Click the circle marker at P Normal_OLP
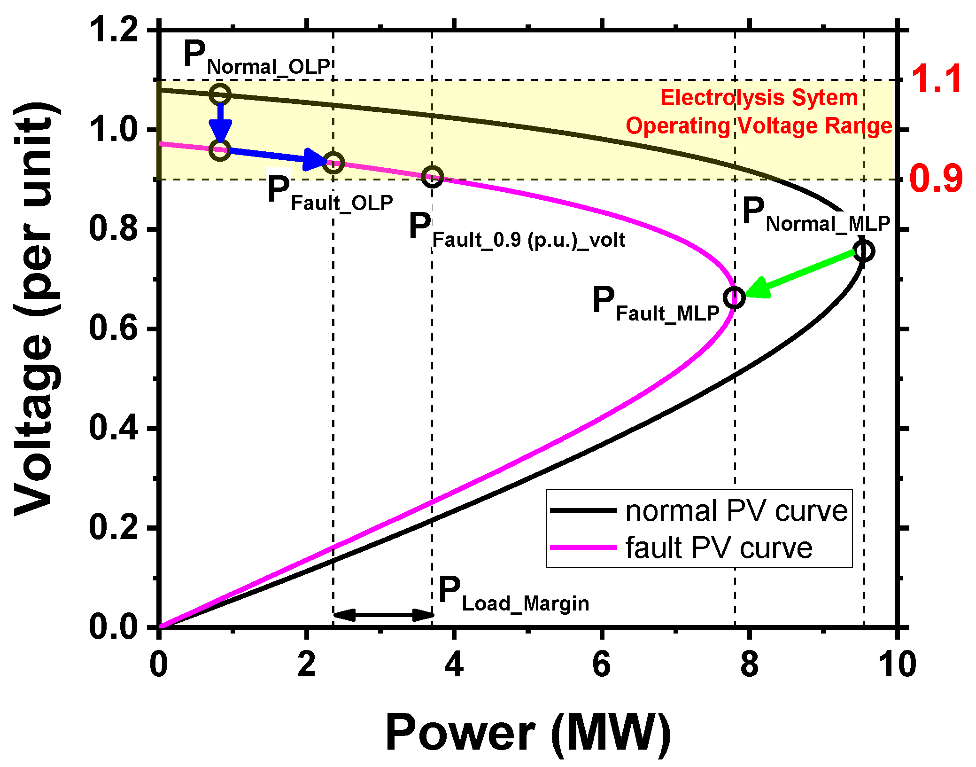[x=220, y=94]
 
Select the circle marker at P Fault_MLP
[x=734, y=297]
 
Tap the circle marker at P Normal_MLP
[x=863, y=251]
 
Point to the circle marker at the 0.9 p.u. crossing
[x=432, y=177]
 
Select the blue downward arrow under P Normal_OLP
[x=220, y=123]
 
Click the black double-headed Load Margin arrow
[x=383, y=614]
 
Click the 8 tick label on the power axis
[x=749, y=665]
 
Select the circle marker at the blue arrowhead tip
[x=333, y=163]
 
